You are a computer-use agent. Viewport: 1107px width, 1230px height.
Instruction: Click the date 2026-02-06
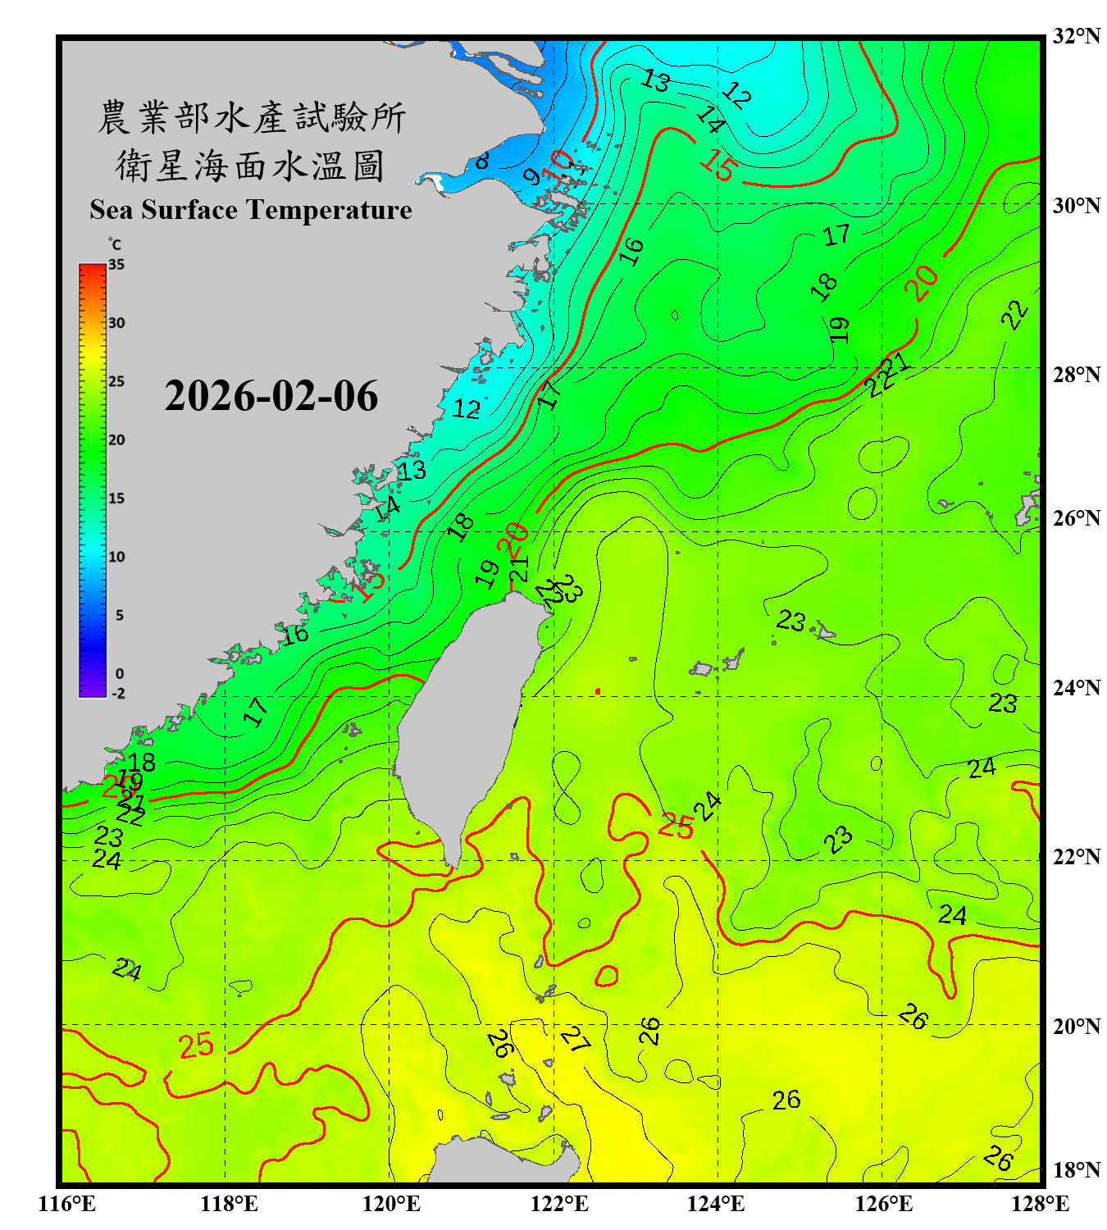click(271, 396)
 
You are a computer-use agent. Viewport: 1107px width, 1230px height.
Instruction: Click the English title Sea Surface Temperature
click(251, 210)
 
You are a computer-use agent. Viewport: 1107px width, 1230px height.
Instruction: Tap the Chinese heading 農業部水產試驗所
click(251, 117)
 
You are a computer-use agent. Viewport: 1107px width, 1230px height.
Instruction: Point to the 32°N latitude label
click(1076, 35)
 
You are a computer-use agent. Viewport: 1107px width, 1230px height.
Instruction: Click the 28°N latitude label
click(1076, 374)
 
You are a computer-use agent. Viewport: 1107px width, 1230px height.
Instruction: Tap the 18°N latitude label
click(1076, 1169)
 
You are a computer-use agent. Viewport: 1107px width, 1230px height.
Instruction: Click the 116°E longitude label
click(67, 1204)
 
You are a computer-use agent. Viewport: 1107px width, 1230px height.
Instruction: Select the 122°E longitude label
click(559, 1204)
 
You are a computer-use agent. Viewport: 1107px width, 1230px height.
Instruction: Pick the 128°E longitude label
click(1040, 1204)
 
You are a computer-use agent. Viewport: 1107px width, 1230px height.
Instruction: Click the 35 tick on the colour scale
click(116, 265)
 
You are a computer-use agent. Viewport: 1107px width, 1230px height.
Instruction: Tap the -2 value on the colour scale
click(117, 693)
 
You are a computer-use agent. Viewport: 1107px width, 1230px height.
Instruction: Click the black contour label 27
click(576, 1040)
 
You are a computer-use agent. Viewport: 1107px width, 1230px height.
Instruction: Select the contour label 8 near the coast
click(482, 161)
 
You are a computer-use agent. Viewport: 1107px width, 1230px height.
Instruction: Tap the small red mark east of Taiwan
click(598, 691)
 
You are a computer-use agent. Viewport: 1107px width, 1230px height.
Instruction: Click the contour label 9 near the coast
click(532, 176)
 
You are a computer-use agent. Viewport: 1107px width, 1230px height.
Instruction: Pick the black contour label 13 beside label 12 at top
click(655, 80)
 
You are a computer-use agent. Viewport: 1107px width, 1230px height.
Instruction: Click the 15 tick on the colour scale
click(116, 499)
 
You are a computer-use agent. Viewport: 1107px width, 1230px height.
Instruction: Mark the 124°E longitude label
click(716, 1204)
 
